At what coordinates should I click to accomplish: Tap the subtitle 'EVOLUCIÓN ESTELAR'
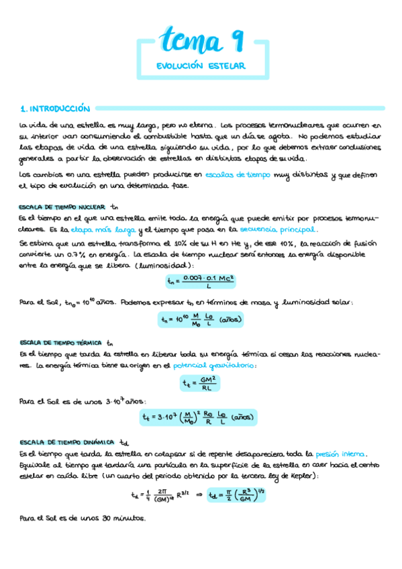(x=201, y=66)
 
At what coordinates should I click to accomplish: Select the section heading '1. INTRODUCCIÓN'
(x=54, y=107)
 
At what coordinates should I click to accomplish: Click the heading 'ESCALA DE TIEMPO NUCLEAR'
(x=62, y=206)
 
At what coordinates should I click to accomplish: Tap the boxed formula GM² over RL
(x=200, y=384)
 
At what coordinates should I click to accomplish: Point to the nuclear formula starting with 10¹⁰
(x=201, y=320)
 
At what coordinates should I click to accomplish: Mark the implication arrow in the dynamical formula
(x=198, y=497)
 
